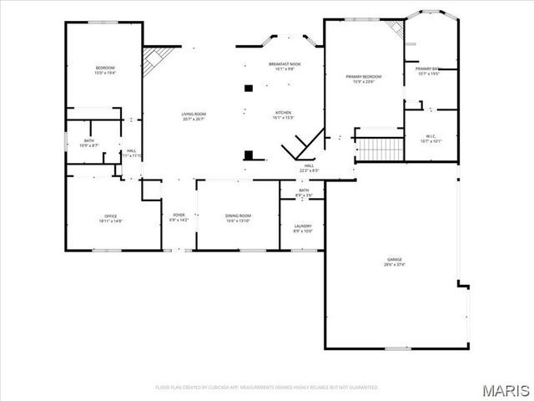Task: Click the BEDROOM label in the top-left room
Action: pyautogui.click(x=105, y=68)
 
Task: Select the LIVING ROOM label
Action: pyautogui.click(x=194, y=114)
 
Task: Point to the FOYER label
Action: pyautogui.click(x=179, y=216)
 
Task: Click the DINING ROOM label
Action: pyautogui.click(x=238, y=216)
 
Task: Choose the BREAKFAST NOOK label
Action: pyautogui.click(x=284, y=64)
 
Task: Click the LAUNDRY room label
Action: pyautogui.click(x=303, y=226)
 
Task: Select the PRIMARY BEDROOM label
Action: pyautogui.click(x=364, y=77)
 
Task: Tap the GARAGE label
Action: pyautogui.click(x=392, y=260)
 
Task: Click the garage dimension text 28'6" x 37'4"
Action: pyautogui.click(x=392, y=265)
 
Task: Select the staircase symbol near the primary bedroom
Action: pyautogui.click(x=380, y=150)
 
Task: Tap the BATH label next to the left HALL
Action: pyautogui.click(x=89, y=141)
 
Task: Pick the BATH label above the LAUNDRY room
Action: pyautogui.click(x=305, y=190)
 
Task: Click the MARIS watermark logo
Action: pyautogui.click(x=506, y=389)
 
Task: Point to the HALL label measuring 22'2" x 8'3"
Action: pyautogui.click(x=309, y=166)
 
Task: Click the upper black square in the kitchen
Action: pyautogui.click(x=248, y=87)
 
